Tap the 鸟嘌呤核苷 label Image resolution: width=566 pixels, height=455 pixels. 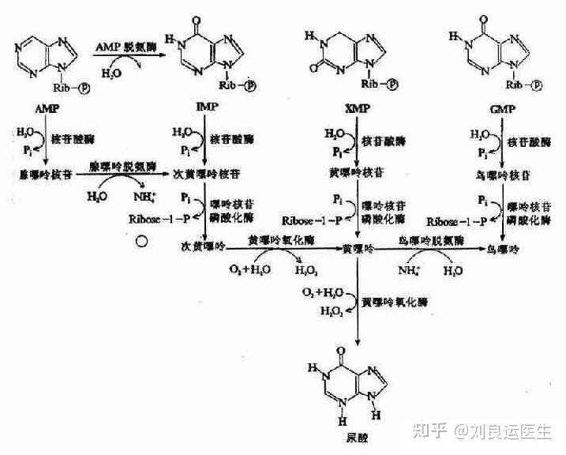(x=502, y=172)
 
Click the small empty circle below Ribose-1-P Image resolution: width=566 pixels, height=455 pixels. (x=142, y=242)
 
